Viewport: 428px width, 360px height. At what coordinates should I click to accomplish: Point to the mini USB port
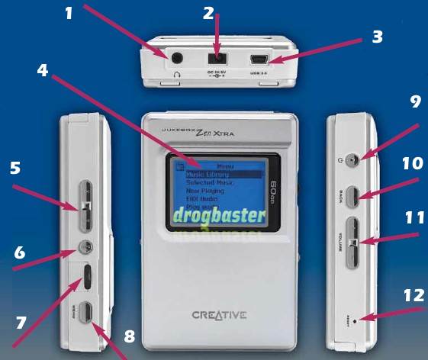(x=259, y=57)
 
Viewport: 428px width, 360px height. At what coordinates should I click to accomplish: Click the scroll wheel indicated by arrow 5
(x=86, y=206)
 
